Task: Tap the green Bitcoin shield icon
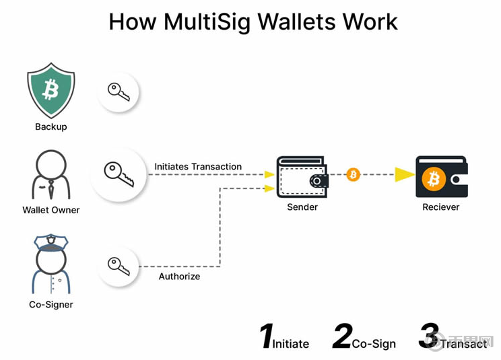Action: coord(51,89)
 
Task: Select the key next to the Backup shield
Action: coord(119,92)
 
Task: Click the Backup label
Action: coord(51,127)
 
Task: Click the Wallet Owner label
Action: coord(51,210)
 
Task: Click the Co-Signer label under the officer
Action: coord(51,305)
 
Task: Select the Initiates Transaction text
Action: coord(198,166)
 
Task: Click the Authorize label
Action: coord(179,276)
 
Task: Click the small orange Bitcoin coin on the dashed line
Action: coord(353,175)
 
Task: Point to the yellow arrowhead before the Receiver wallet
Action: coord(404,175)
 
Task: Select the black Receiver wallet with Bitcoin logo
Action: coord(441,176)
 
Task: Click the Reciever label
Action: coord(441,207)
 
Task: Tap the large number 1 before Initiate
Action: coord(267,336)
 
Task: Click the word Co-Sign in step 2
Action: coord(374,344)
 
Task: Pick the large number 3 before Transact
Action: coord(429,336)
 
